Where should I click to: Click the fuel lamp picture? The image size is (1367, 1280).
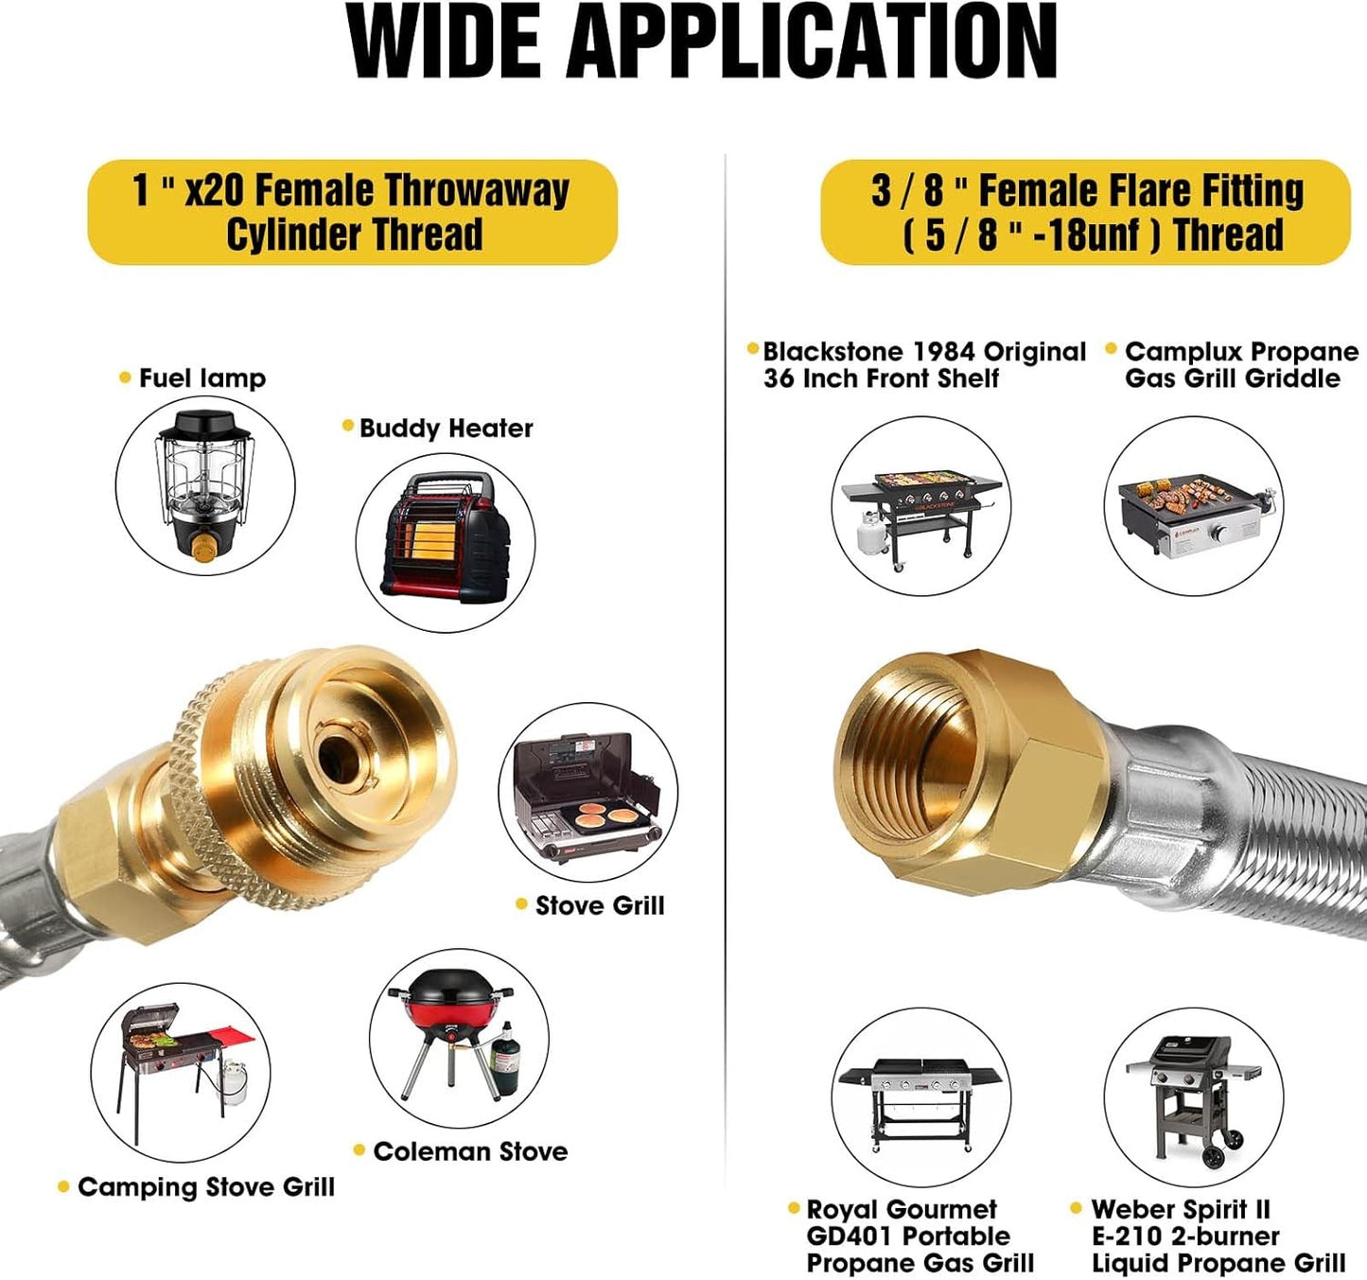tap(204, 485)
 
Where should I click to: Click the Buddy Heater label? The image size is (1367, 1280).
tap(446, 429)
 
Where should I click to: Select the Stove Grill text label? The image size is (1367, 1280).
tap(600, 905)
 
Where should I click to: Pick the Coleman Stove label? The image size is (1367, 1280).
tap(470, 1151)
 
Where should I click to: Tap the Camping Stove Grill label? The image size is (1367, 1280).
tap(206, 1187)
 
